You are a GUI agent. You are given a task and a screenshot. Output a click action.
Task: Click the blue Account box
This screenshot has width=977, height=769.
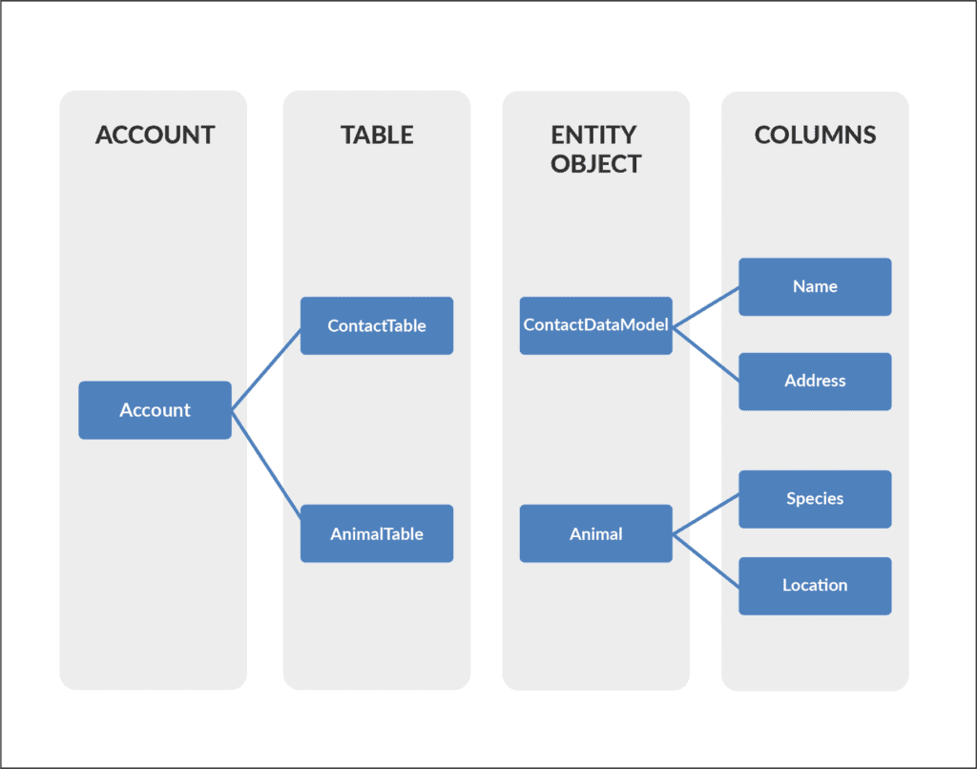click(155, 410)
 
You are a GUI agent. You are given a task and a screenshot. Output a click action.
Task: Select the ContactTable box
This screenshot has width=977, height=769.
click(377, 325)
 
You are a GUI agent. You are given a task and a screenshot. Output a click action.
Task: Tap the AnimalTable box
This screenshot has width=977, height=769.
click(377, 533)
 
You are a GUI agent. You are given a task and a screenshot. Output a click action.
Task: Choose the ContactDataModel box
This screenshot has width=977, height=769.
click(595, 325)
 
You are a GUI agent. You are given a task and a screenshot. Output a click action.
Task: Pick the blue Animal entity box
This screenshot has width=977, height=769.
click(595, 533)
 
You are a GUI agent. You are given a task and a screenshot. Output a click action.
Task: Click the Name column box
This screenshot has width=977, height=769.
click(815, 286)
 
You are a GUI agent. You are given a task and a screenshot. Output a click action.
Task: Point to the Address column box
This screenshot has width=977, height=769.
click(815, 381)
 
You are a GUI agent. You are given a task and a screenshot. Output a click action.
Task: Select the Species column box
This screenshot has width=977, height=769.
click(815, 498)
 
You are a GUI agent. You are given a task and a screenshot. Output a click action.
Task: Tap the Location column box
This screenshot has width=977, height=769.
click(815, 585)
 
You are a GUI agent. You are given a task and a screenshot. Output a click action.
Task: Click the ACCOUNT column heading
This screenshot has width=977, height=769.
click(155, 135)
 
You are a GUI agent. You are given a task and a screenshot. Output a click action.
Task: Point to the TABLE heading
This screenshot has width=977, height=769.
click(377, 135)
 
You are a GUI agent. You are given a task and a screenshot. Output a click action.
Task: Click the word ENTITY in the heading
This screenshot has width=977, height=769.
click(593, 135)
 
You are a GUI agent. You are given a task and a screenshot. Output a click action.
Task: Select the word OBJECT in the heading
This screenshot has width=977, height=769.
click(595, 164)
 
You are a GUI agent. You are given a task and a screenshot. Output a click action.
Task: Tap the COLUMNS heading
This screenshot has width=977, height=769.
click(815, 135)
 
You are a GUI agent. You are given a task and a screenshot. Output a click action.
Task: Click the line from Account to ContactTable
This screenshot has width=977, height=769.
click(266, 370)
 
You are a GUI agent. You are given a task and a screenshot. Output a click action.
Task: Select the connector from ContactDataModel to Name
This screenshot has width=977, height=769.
click(706, 307)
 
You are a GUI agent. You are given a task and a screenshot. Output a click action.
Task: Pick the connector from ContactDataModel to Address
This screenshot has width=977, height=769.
click(706, 353)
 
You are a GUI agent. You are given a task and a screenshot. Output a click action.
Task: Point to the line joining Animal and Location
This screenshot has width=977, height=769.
click(706, 559)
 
